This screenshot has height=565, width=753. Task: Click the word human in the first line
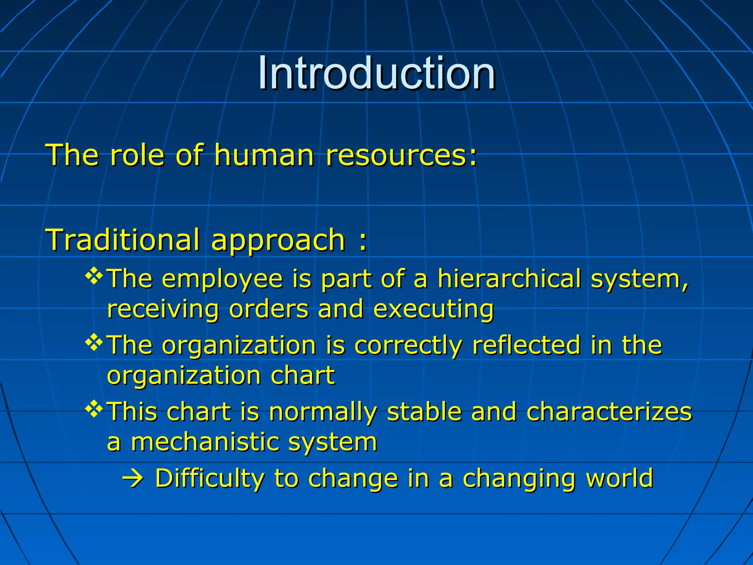pos(264,155)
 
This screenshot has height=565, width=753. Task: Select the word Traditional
pos(122,240)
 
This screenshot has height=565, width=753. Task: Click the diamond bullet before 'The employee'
pos(94,277)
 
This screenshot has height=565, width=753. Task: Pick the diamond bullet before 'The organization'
pos(94,343)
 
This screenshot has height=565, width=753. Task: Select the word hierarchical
pos(509,278)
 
